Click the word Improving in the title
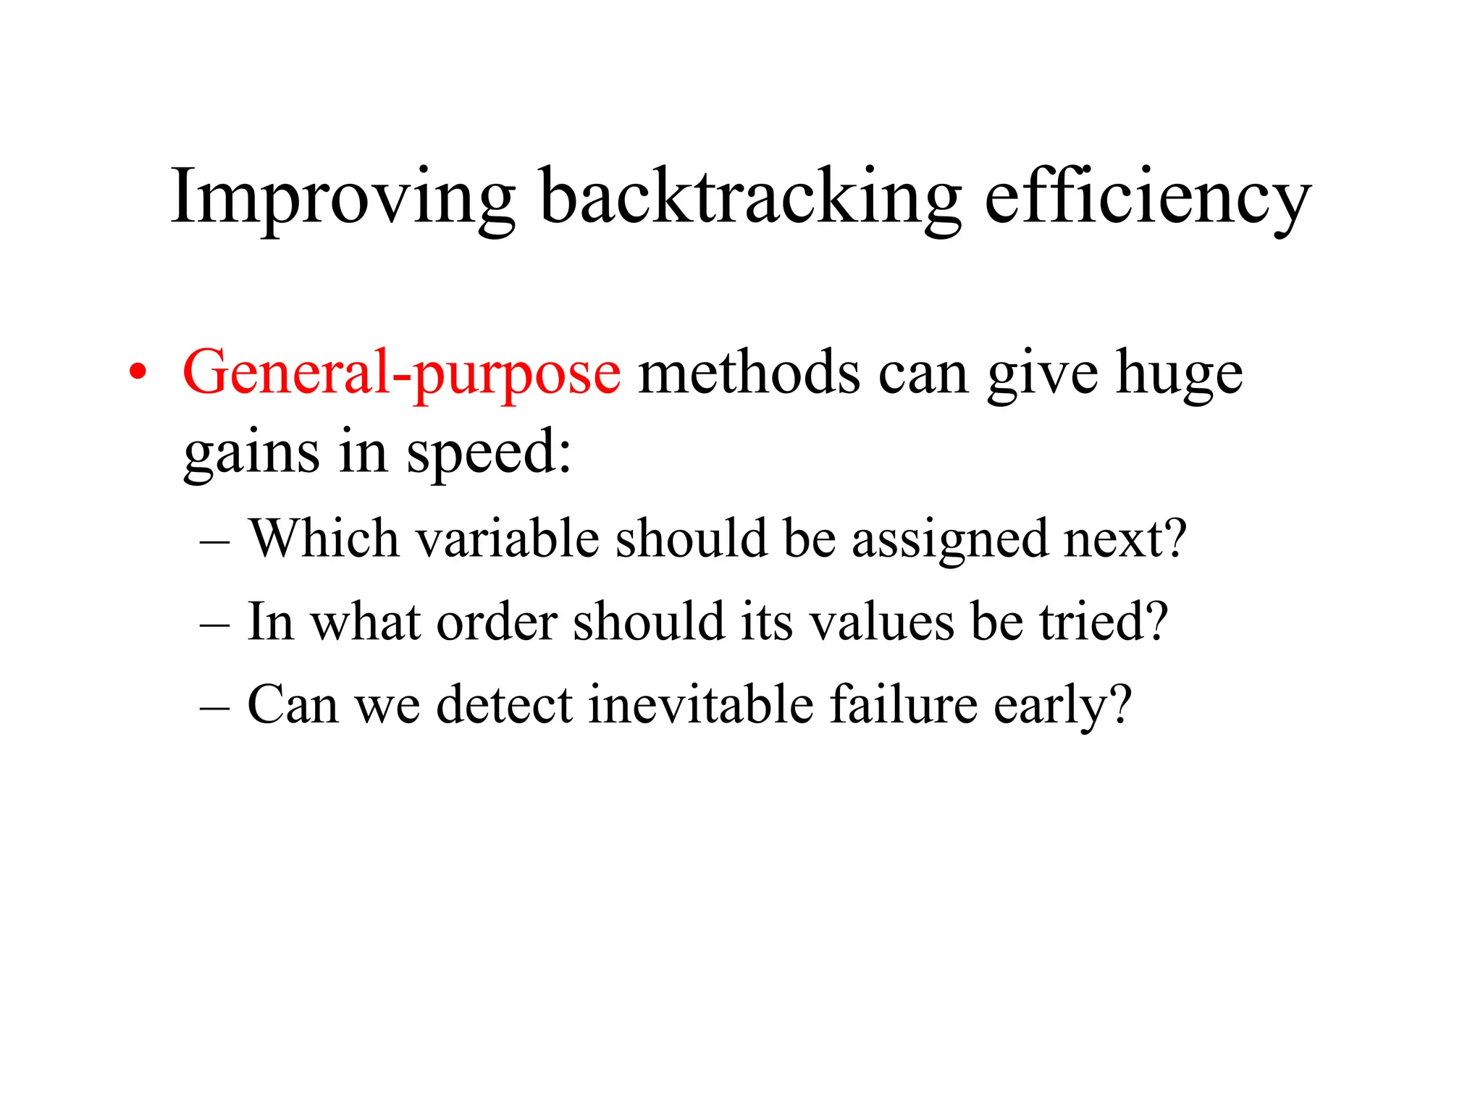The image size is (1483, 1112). click(x=343, y=197)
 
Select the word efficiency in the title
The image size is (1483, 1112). click(x=1148, y=197)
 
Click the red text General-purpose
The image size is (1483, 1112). click(x=401, y=373)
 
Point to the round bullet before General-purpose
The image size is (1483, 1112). click(x=137, y=374)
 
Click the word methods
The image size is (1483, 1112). click(x=749, y=373)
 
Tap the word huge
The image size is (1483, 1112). click(x=1179, y=373)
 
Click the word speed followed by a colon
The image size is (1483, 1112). click(x=488, y=452)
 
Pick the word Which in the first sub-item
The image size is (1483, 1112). click(x=324, y=539)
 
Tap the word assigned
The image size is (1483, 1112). click(x=949, y=540)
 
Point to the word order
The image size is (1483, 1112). click(x=497, y=622)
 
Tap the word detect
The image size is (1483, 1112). click(x=505, y=704)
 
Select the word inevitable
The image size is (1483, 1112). click(x=700, y=704)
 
